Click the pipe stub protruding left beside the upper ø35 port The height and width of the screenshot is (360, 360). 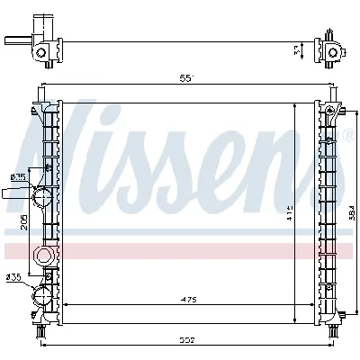tap(16, 192)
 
